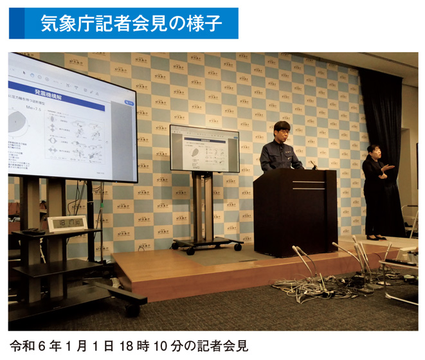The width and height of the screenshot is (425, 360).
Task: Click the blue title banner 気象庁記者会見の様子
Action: pos(123,24)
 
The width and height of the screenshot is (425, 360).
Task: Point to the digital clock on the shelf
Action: pos(66,224)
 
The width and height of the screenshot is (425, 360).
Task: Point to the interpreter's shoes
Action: pos(375,237)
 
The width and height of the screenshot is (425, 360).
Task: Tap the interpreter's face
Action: pos(372,150)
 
